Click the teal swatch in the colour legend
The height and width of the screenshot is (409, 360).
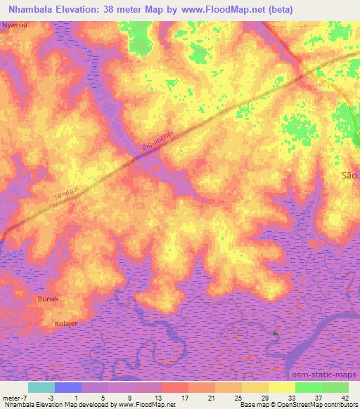click(x=41, y=387)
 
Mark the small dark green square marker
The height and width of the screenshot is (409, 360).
click(x=276, y=333)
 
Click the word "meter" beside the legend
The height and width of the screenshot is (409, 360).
click(x=11, y=397)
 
